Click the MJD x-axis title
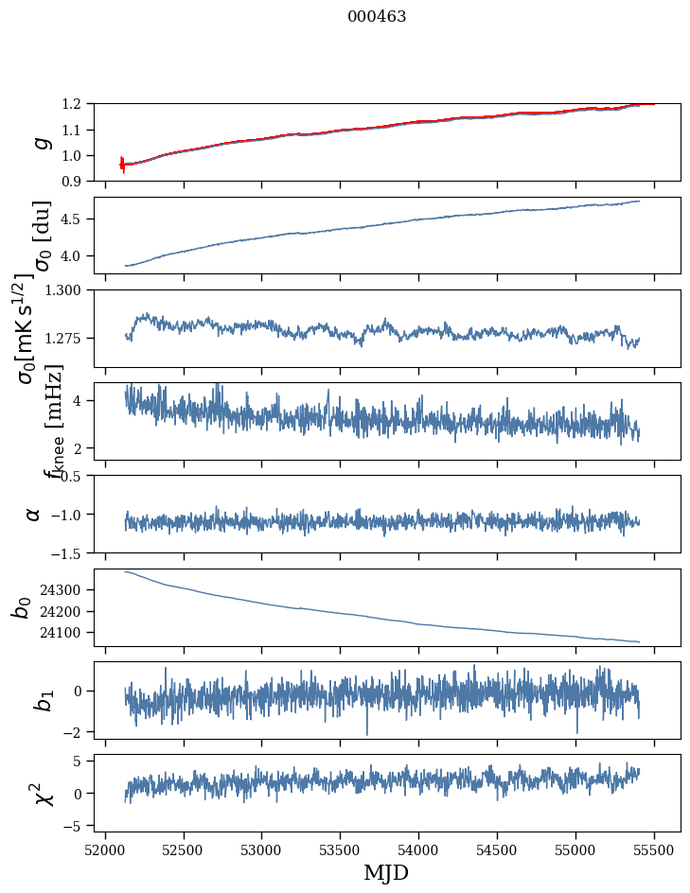[386, 873]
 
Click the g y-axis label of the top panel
[40, 142]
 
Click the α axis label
[34, 514]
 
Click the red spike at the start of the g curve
[122, 165]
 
